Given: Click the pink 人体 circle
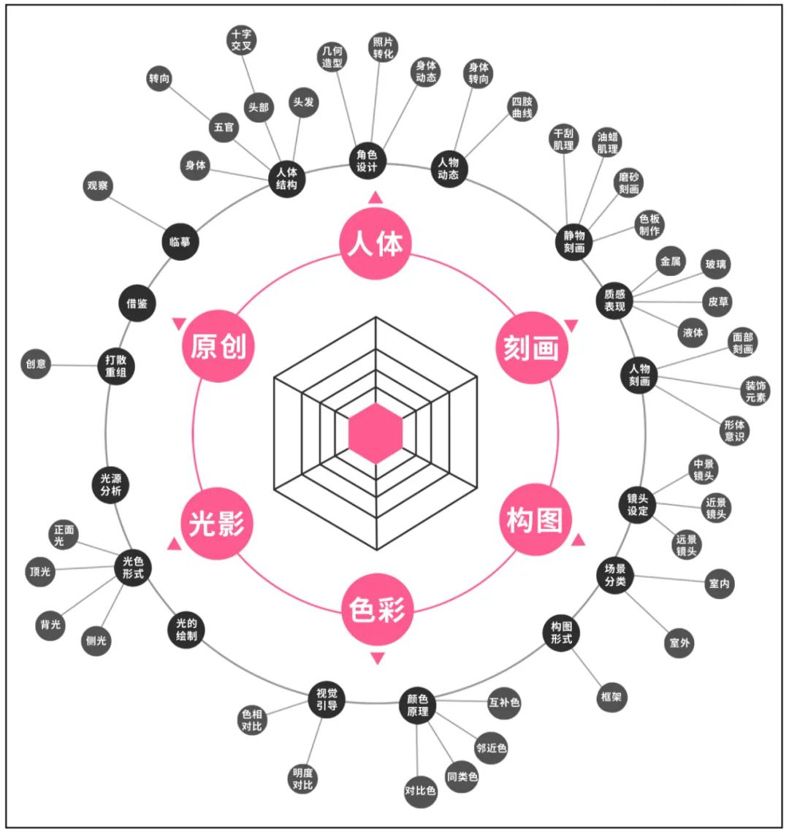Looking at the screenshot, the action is (x=376, y=243).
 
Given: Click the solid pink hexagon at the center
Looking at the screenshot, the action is (x=376, y=433).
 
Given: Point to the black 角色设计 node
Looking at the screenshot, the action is (x=367, y=161).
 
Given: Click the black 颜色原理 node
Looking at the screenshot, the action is (x=418, y=705).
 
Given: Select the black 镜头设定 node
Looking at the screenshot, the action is (x=638, y=505).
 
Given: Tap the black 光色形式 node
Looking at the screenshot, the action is (x=133, y=568).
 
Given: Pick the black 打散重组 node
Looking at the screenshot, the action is (x=116, y=365).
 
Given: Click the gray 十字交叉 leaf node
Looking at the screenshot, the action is (x=241, y=40).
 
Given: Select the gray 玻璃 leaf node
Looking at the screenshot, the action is (x=715, y=264).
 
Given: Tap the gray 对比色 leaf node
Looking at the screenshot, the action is (x=420, y=790).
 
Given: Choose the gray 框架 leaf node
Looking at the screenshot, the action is (x=611, y=697).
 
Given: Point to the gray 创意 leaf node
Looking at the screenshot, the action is (x=36, y=363).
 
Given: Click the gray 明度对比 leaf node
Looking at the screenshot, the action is (x=302, y=779).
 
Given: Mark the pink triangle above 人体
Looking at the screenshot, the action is (x=376, y=197).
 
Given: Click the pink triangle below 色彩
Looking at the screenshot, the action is (x=377, y=659).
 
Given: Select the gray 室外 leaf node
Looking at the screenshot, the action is (x=679, y=643).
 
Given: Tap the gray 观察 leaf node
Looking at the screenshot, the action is (x=97, y=186).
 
